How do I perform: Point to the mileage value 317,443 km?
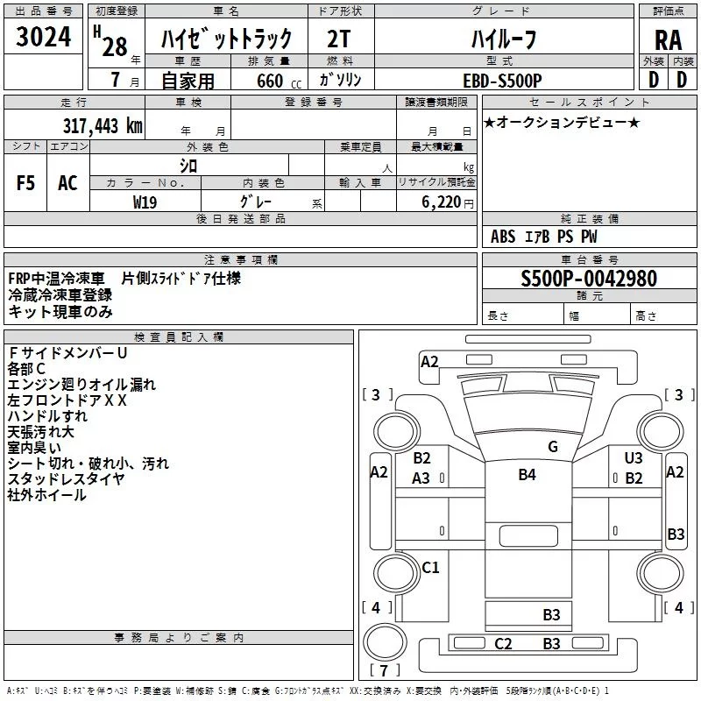[103, 125]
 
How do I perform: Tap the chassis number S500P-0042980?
[588, 280]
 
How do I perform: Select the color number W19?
[145, 202]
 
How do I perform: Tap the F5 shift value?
[26, 184]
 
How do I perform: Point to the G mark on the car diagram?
[552, 447]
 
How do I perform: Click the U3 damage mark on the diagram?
[634, 458]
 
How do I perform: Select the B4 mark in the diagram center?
[527, 475]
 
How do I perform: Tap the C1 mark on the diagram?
[430, 568]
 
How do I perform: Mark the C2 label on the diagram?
[503, 644]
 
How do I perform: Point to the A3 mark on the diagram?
[421, 478]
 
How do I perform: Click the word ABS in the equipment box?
[503, 237]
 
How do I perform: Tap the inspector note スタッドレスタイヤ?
[66, 478]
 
